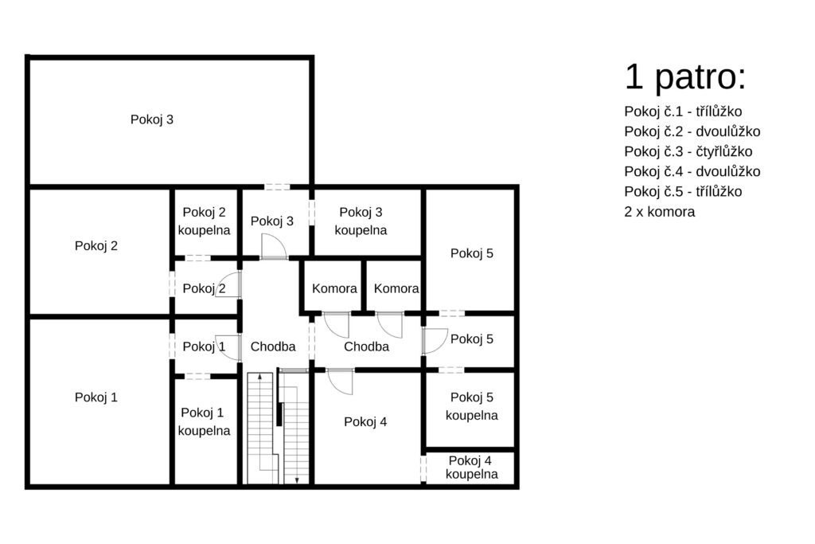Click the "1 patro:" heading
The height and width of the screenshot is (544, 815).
(x=685, y=77)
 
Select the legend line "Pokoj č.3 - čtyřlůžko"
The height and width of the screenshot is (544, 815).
(x=688, y=151)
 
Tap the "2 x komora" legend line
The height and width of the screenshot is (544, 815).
(x=660, y=212)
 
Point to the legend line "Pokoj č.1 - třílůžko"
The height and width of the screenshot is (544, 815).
(x=683, y=112)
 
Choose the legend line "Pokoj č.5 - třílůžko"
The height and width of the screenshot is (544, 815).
(x=683, y=191)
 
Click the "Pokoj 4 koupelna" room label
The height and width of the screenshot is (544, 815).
(x=471, y=467)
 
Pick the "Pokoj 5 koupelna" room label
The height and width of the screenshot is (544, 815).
(x=471, y=406)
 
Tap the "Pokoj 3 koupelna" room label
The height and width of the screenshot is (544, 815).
(x=361, y=221)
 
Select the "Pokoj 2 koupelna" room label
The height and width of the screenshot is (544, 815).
(x=204, y=221)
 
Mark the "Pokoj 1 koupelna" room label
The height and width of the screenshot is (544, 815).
(x=204, y=421)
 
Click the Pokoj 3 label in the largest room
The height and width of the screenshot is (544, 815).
(x=152, y=119)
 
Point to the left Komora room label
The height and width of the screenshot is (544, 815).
(x=334, y=288)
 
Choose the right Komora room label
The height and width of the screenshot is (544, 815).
(x=396, y=288)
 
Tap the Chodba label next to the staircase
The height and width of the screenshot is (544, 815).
(x=273, y=346)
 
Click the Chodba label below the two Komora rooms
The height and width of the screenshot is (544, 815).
(x=366, y=346)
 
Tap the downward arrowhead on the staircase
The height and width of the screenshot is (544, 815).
(x=297, y=480)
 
